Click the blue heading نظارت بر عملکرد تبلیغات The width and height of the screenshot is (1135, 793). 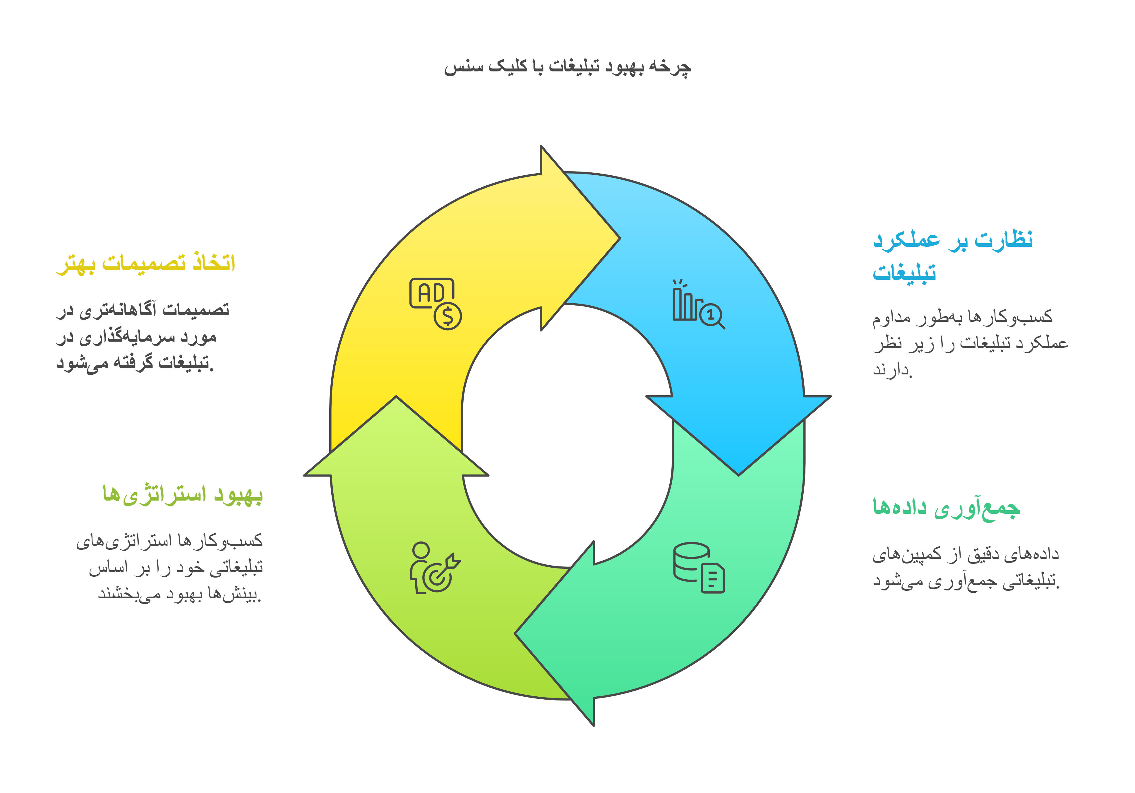coord(953,256)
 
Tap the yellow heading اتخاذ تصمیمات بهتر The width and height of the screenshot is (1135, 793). coord(146,263)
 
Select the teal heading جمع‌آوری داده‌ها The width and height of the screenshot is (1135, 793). coord(946,508)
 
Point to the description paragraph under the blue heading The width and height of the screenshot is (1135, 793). coord(970,342)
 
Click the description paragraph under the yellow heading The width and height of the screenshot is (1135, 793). coord(143,336)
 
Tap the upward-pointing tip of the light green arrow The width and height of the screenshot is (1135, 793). coord(396,396)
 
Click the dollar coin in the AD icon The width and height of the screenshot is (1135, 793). coord(448,316)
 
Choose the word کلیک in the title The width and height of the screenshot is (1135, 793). coord(508,66)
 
